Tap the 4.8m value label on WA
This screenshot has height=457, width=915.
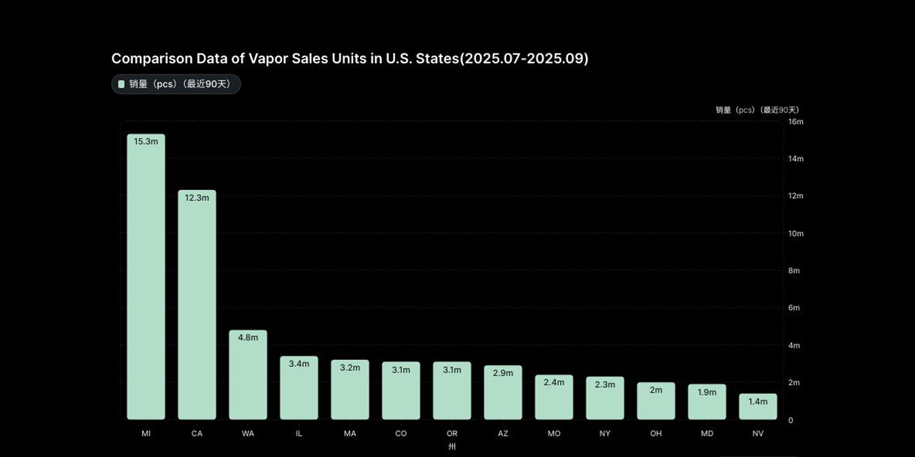248,338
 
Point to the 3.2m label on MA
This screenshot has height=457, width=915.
350,367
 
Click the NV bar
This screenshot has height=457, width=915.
758,409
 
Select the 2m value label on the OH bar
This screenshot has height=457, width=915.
656,390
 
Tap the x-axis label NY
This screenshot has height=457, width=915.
605,433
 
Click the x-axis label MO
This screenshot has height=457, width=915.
554,433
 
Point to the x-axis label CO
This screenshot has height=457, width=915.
401,433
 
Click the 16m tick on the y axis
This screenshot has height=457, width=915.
796,122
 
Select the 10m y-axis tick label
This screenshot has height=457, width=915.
796,234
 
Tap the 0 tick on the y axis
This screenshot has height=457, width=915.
791,420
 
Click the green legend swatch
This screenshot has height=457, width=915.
121,84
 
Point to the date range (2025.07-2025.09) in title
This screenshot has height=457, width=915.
524,58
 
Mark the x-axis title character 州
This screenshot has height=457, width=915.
452,446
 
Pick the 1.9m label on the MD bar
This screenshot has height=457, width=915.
707,392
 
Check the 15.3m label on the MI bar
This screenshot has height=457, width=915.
146,142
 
